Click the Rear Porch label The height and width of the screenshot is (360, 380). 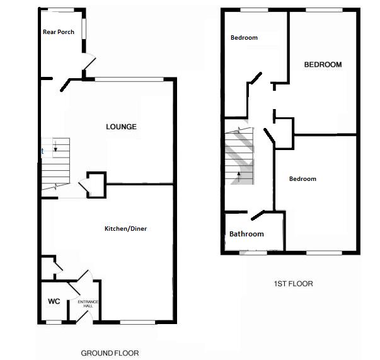(x=59, y=32)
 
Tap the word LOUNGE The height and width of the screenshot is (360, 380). (x=121, y=127)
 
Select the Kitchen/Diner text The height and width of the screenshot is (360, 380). (x=125, y=228)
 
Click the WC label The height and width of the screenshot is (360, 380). (x=54, y=301)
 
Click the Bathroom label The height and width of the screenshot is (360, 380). (x=246, y=234)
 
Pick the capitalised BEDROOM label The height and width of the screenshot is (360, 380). (x=323, y=64)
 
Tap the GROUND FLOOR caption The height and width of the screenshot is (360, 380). (x=110, y=353)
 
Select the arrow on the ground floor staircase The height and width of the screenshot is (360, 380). (x=55, y=149)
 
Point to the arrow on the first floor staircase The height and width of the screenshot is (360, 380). (x=238, y=175)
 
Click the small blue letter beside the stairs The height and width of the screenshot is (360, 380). (x=42, y=151)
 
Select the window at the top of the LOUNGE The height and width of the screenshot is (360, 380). (x=129, y=79)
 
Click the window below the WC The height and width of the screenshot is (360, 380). (x=54, y=322)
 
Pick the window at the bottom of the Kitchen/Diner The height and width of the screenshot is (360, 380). (x=137, y=322)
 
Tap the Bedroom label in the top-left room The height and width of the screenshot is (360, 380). (x=244, y=38)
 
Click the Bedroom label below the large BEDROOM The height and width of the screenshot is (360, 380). (x=302, y=179)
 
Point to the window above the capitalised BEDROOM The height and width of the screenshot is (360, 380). (x=325, y=9)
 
